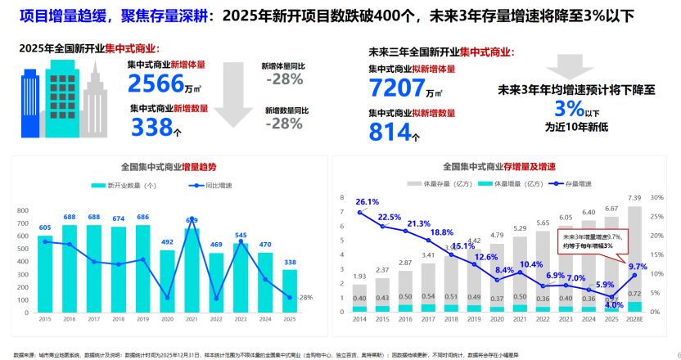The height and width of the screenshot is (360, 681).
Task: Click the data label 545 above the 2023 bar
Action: [241, 236]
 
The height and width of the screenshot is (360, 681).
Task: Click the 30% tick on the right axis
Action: [656, 197]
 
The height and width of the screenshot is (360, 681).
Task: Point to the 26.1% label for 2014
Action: [368, 201]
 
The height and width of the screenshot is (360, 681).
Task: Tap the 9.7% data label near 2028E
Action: [638, 266]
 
